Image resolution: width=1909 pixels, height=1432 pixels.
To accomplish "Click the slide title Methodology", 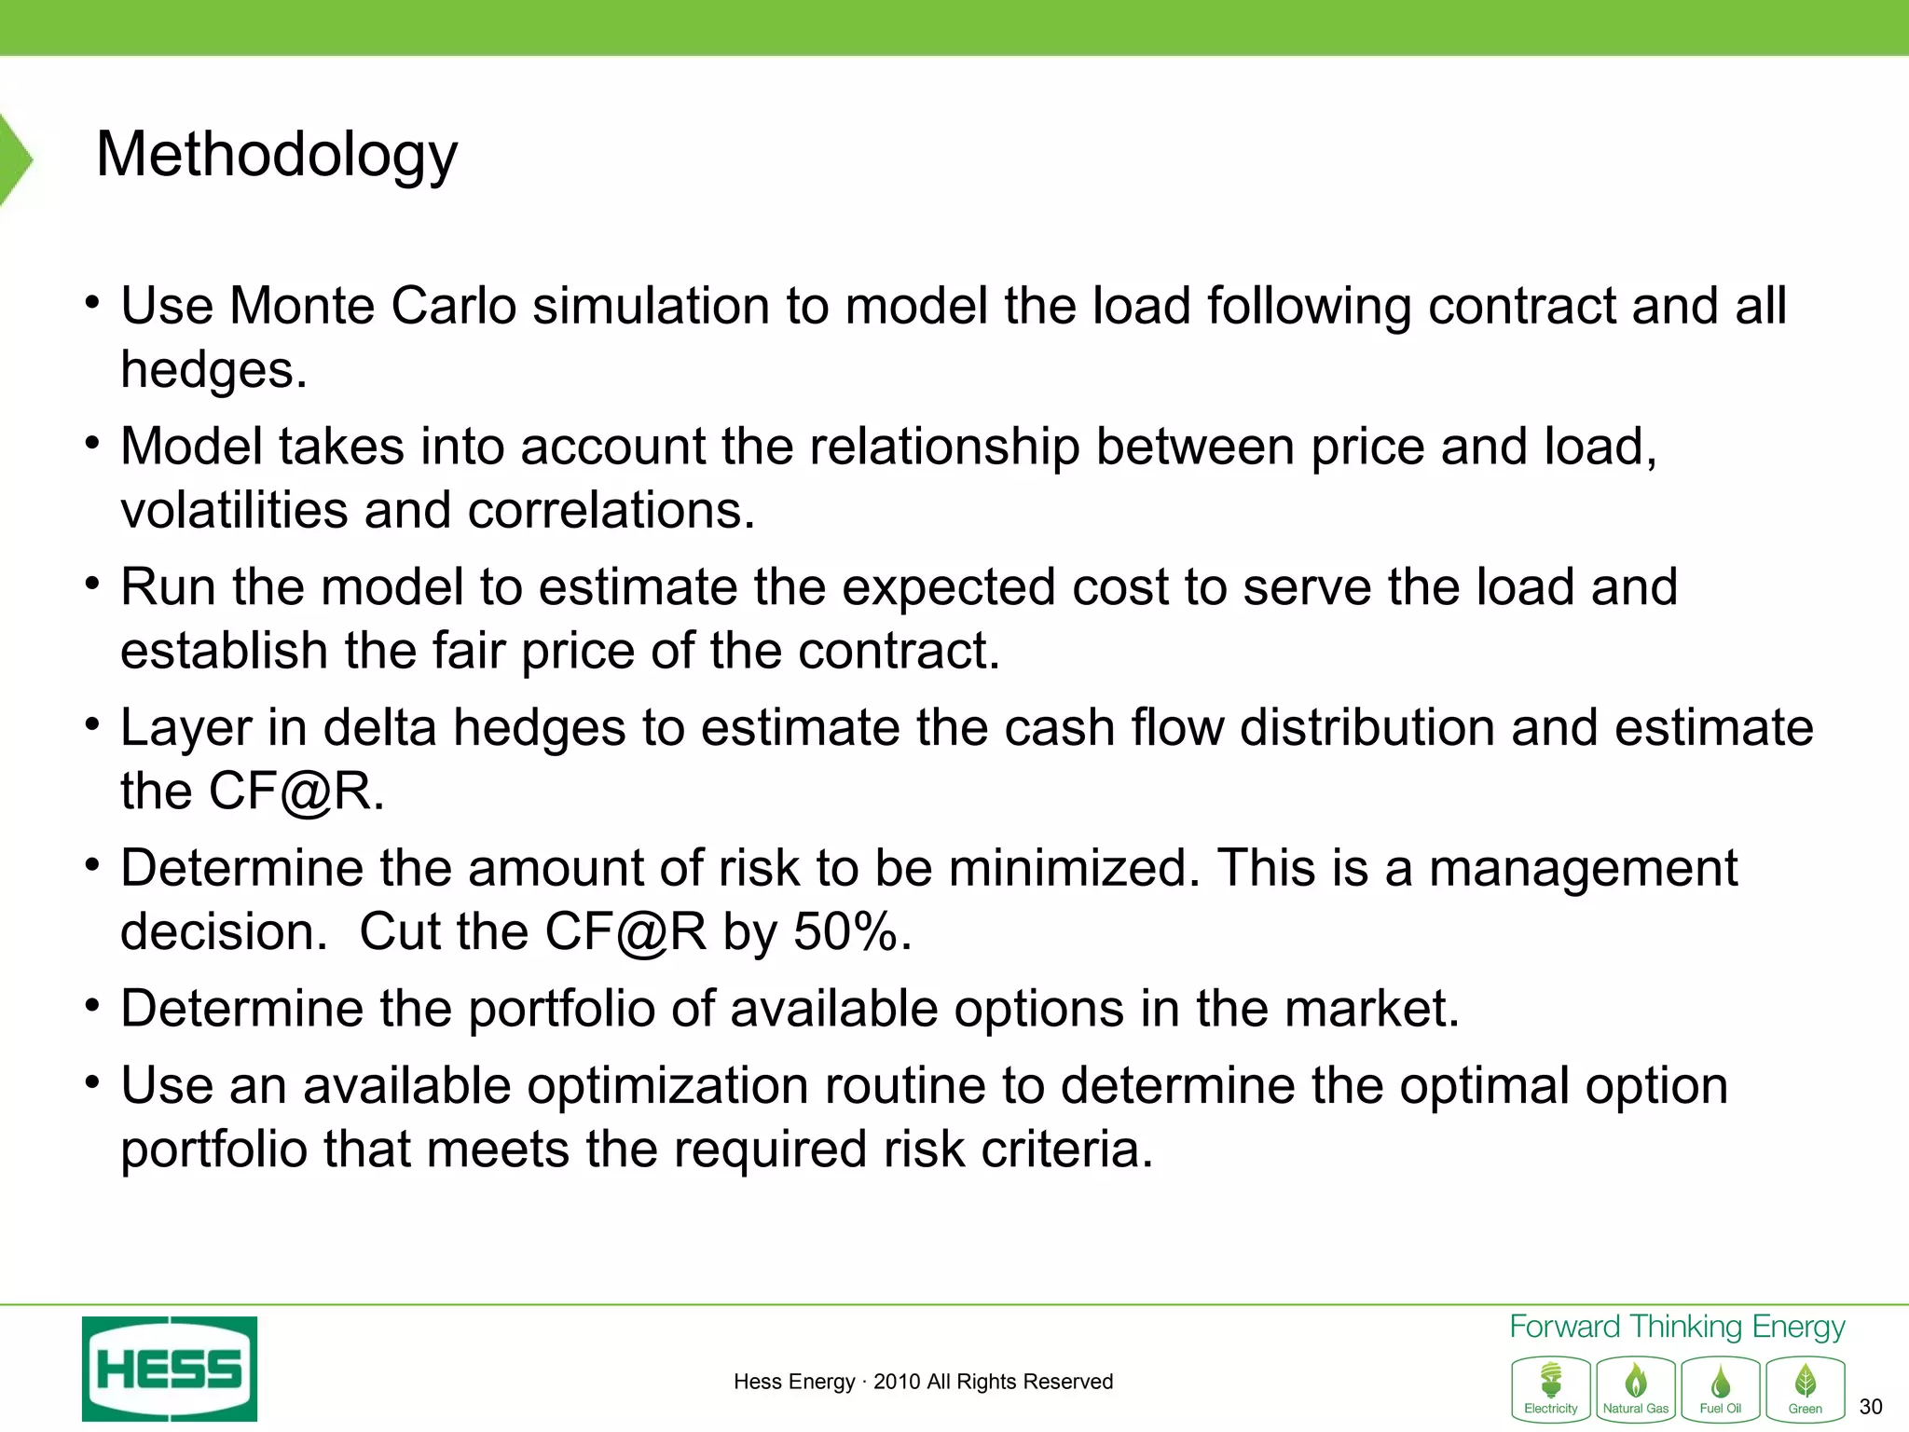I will (277, 156).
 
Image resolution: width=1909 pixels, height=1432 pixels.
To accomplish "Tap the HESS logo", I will (170, 1369).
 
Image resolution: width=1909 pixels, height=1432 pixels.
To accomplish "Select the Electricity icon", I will (1551, 1388).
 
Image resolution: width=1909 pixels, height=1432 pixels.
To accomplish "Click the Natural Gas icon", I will (1636, 1388).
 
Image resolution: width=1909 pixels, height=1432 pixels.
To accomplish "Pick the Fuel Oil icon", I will (1721, 1388).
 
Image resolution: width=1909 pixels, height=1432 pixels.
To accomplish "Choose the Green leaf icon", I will (1806, 1388).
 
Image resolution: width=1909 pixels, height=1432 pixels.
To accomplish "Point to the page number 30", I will (1870, 1406).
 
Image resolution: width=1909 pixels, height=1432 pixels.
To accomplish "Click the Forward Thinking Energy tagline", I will (1677, 1326).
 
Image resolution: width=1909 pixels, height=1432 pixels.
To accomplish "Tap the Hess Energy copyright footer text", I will (923, 1382).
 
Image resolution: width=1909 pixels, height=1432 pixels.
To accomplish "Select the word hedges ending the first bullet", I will (213, 370).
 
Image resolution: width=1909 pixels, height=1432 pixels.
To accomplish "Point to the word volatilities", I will (233, 510).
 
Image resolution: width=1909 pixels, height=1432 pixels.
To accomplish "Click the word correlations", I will (611, 510).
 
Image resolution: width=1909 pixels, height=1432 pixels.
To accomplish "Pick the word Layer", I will (185, 728).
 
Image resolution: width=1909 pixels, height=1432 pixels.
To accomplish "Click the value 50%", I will (851, 931).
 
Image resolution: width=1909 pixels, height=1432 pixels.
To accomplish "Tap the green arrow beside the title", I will (15, 158).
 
